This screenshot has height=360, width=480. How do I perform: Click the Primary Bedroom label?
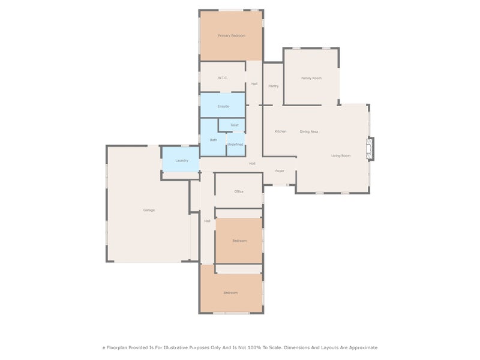[x=232, y=36]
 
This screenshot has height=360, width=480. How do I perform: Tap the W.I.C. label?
[x=223, y=78]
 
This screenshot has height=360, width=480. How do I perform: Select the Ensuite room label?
[x=223, y=107]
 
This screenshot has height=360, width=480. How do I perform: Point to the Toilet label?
[x=235, y=125]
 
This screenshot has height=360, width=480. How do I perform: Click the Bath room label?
[x=214, y=140]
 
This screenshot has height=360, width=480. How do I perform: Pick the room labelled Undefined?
[x=235, y=145]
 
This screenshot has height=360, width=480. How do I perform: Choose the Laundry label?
[x=182, y=160]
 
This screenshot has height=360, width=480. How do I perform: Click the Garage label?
[x=149, y=210]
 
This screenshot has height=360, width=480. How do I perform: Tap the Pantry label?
[x=274, y=86]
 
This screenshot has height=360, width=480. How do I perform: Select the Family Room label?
[x=311, y=79]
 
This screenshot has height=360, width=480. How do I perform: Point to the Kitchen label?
[x=280, y=131]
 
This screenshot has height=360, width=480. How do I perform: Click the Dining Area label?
[x=309, y=131]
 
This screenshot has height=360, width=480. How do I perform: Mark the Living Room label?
[x=341, y=156]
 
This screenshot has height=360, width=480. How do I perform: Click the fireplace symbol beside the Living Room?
[x=370, y=149]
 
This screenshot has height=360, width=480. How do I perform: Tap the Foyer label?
[x=280, y=171]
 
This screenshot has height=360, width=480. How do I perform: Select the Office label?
[x=239, y=191]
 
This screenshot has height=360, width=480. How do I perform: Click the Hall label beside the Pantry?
[x=254, y=84]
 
